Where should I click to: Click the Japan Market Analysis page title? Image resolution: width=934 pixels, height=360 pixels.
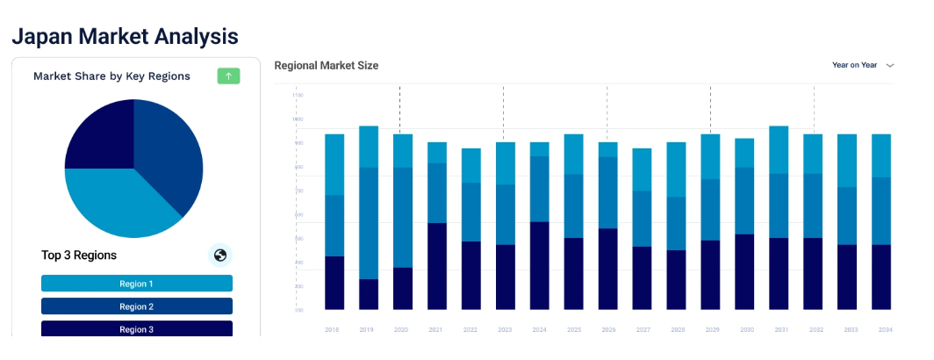click(124, 36)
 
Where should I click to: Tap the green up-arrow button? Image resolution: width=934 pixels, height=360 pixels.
click(228, 76)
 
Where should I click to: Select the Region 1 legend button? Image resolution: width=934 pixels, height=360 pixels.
click(136, 284)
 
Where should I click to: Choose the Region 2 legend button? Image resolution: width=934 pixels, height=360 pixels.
click(136, 306)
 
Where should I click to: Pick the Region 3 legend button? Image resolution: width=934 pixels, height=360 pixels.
click(136, 329)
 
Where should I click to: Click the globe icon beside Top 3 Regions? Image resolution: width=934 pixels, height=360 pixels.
click(220, 256)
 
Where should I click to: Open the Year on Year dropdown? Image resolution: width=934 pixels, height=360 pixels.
click(863, 65)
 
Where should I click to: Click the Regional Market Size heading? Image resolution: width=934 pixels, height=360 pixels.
click(326, 66)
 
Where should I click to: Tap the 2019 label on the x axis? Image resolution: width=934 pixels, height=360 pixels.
click(368, 329)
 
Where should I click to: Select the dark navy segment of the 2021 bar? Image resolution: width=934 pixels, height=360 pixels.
click(437, 266)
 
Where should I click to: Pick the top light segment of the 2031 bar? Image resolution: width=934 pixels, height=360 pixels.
click(779, 149)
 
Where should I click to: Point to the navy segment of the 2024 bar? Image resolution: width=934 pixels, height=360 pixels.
click(540, 265)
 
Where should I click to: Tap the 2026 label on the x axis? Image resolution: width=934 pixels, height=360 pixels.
click(607, 329)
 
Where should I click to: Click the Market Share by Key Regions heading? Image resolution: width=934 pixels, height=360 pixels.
click(111, 76)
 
